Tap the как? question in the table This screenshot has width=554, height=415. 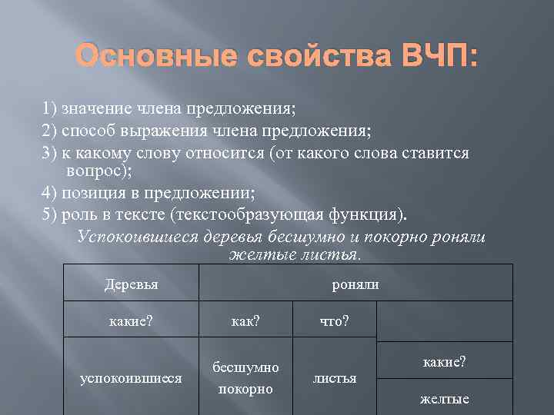coord(245,320)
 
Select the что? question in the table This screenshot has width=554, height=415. coord(334,320)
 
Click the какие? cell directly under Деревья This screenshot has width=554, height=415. coord(131,320)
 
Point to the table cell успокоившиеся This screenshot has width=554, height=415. coord(131,378)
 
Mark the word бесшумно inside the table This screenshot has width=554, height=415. coord(245,368)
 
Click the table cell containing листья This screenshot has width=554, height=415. coord(334,378)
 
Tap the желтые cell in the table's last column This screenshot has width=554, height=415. coord(444,399)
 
